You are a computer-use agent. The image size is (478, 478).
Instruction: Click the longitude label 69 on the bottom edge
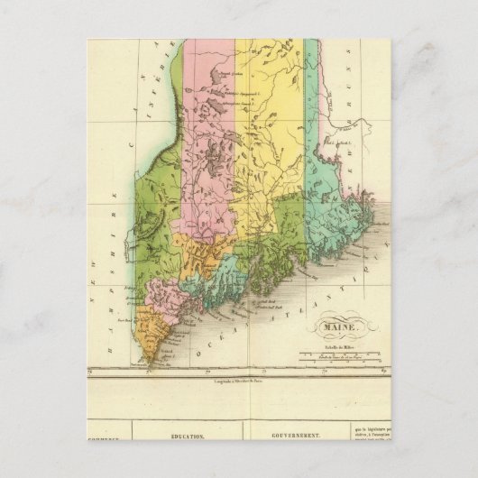pyautogui.click(x=383, y=370)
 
